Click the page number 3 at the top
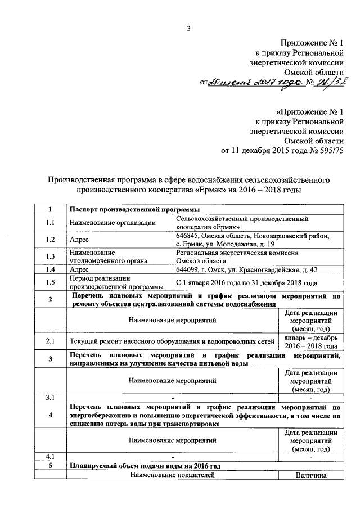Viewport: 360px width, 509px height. (189, 29)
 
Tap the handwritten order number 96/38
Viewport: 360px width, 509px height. (330, 83)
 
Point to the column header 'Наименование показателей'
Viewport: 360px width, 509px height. (172, 475)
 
